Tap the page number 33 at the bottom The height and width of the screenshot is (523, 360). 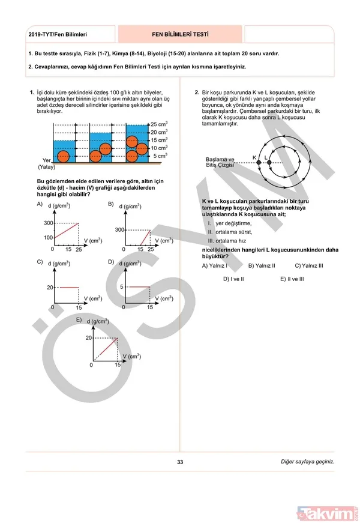pyautogui.click(x=180, y=462)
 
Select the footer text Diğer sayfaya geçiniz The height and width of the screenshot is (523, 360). pyautogui.click(x=307, y=462)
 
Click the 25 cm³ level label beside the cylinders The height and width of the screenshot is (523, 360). pyautogui.click(x=158, y=124)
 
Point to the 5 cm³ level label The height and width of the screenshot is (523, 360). pyautogui.click(x=158, y=156)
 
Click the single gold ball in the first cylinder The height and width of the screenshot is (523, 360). pyautogui.click(x=63, y=156)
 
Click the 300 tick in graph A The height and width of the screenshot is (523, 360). pyautogui.click(x=47, y=223)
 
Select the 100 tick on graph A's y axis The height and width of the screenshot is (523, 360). pyautogui.click(x=47, y=237)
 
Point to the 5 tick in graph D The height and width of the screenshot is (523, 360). pyautogui.click(x=121, y=288)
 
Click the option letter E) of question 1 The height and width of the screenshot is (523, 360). pyautogui.click(x=79, y=320)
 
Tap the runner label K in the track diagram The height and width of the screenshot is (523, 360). pyautogui.click(x=254, y=157)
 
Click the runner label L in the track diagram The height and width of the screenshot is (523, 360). pyautogui.click(x=266, y=157)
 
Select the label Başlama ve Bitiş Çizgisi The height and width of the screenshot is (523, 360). pyautogui.click(x=220, y=162)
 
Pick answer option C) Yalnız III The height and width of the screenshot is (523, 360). pyautogui.click(x=309, y=265)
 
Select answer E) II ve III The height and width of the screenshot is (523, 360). pyautogui.click(x=292, y=279)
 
